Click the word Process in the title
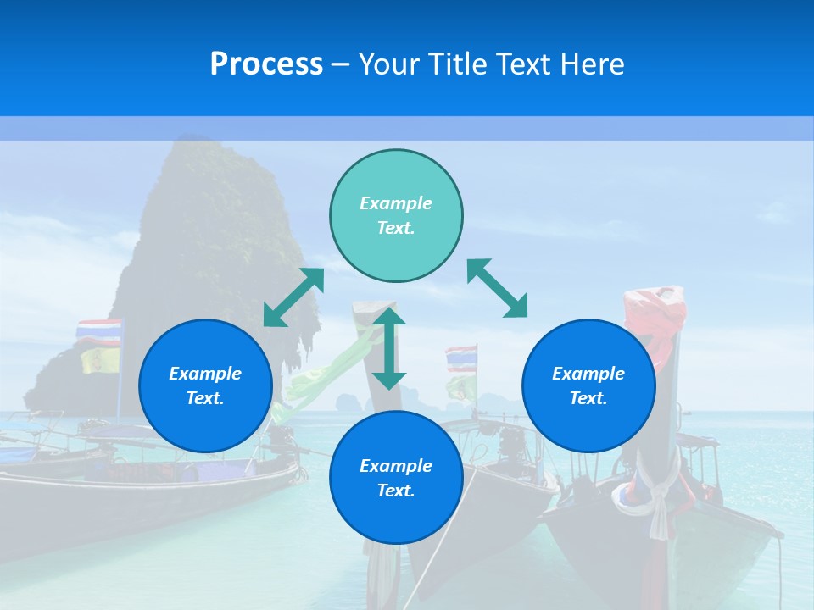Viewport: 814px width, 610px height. click(x=266, y=64)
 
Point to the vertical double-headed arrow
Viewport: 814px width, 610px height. click(x=389, y=348)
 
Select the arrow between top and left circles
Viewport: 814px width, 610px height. click(x=293, y=297)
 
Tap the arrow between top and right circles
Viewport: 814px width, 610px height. click(x=498, y=288)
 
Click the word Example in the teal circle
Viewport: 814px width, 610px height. click(x=396, y=203)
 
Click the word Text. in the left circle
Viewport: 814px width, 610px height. click(x=205, y=398)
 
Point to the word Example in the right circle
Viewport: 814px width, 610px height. click(x=588, y=374)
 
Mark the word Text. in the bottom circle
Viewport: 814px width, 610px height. click(x=396, y=491)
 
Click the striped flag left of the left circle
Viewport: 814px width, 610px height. click(x=99, y=332)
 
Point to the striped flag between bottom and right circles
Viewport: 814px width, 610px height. click(x=461, y=359)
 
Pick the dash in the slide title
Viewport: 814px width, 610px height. click(x=340, y=64)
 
